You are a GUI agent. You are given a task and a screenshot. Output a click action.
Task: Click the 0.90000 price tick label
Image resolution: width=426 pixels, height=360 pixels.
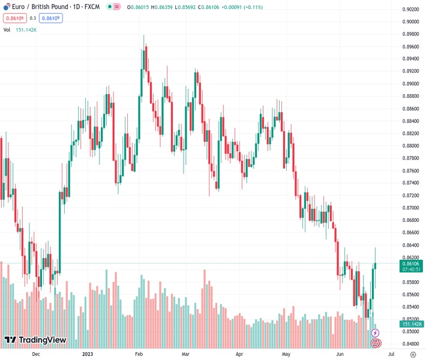click(411, 22)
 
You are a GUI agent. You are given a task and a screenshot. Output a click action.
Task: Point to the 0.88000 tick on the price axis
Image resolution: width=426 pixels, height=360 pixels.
click(411, 146)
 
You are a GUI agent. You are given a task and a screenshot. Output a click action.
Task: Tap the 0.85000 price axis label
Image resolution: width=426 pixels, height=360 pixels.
click(411, 332)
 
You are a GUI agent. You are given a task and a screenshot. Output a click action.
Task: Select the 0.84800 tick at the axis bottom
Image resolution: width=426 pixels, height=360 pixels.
click(411, 344)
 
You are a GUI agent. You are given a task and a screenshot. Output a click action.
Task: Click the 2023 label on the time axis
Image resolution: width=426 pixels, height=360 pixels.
click(88, 354)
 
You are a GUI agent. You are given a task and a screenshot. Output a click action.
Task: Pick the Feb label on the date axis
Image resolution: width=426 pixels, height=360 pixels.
click(138, 354)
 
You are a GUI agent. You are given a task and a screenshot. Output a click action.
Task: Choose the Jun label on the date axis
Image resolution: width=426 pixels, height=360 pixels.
click(341, 354)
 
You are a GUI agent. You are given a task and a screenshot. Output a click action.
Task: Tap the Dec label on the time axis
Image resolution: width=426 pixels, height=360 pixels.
click(35, 354)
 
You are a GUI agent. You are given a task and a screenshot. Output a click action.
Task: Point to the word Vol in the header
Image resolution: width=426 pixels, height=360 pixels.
click(7, 29)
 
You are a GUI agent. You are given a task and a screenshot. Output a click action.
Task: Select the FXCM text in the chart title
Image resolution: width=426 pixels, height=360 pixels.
click(91, 7)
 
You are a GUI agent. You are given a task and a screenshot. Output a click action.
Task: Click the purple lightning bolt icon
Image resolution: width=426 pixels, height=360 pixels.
click(376, 332)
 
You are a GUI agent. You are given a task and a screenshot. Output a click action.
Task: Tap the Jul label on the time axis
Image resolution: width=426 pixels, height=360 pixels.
click(391, 354)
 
